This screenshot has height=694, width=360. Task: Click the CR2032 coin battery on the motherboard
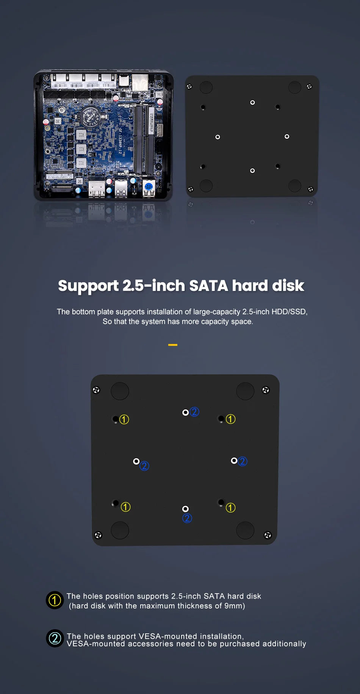coord(91,116)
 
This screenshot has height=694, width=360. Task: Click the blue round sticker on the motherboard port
coord(149,186)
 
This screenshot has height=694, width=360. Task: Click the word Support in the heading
coord(88,286)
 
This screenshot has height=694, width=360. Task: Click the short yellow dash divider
coord(173,345)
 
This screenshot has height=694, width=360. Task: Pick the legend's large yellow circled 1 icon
coord(55,600)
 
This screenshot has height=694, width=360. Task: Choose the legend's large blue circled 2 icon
coord(55,638)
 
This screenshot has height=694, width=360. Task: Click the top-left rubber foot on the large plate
coord(120,391)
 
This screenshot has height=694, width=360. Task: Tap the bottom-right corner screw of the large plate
coord(268,535)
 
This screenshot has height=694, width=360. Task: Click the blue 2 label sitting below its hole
coord(187,518)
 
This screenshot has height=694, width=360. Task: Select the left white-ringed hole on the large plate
coord(136,461)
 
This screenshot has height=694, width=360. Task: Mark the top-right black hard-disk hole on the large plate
coord(221,419)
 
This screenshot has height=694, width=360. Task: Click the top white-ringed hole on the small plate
coord(252,103)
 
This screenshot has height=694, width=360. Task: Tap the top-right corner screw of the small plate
coord(309,87)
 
